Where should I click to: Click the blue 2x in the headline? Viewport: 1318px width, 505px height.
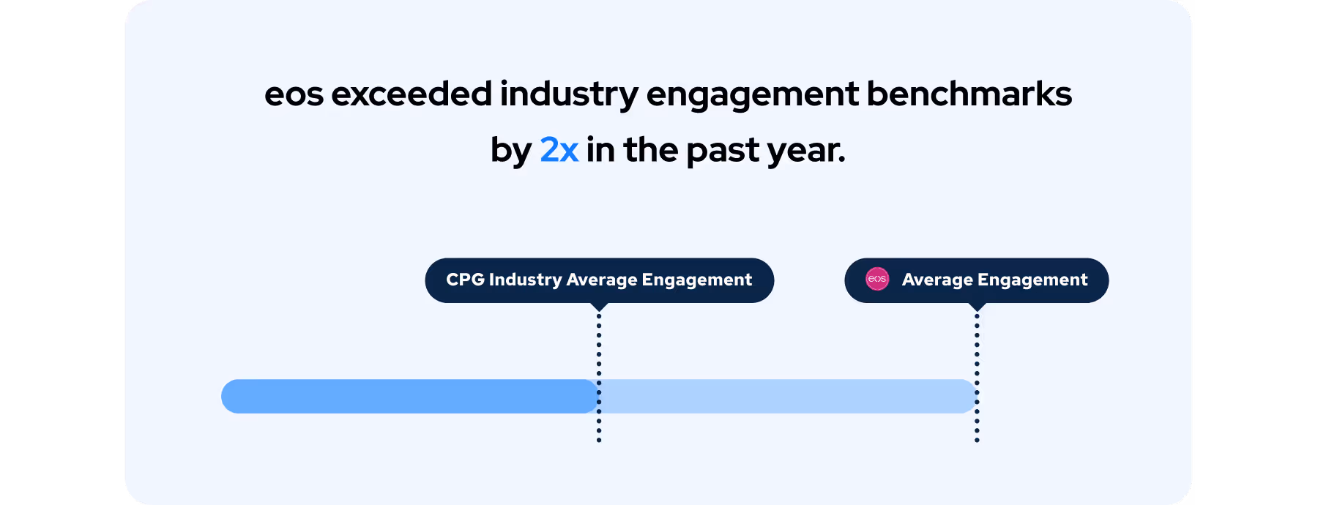coord(559,150)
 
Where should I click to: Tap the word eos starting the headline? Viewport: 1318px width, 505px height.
coord(294,94)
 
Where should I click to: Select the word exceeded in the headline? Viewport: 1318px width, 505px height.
coord(412,94)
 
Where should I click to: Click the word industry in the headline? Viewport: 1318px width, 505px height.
coord(570,94)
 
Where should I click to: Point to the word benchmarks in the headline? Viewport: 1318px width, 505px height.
coord(969,94)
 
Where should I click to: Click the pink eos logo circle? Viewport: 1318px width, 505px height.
coord(877,279)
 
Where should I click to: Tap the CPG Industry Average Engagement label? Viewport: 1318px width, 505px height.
coord(599,280)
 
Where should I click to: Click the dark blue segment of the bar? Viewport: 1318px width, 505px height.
coord(410,396)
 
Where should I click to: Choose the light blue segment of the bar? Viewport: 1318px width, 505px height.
coord(787,396)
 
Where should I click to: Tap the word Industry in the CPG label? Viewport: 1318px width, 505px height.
coord(525,280)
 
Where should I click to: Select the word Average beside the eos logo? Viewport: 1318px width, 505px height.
coord(937,280)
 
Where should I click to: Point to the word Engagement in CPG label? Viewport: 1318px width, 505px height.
coord(696,280)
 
